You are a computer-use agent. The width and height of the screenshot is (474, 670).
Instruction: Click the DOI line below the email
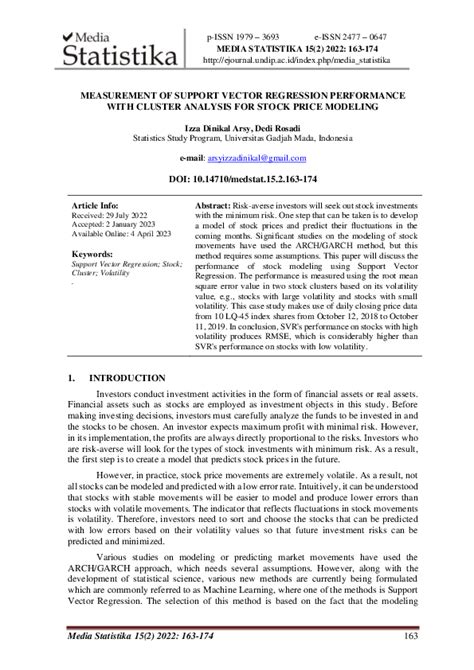[236, 180]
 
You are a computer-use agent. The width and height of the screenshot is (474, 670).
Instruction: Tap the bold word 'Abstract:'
[214, 202]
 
